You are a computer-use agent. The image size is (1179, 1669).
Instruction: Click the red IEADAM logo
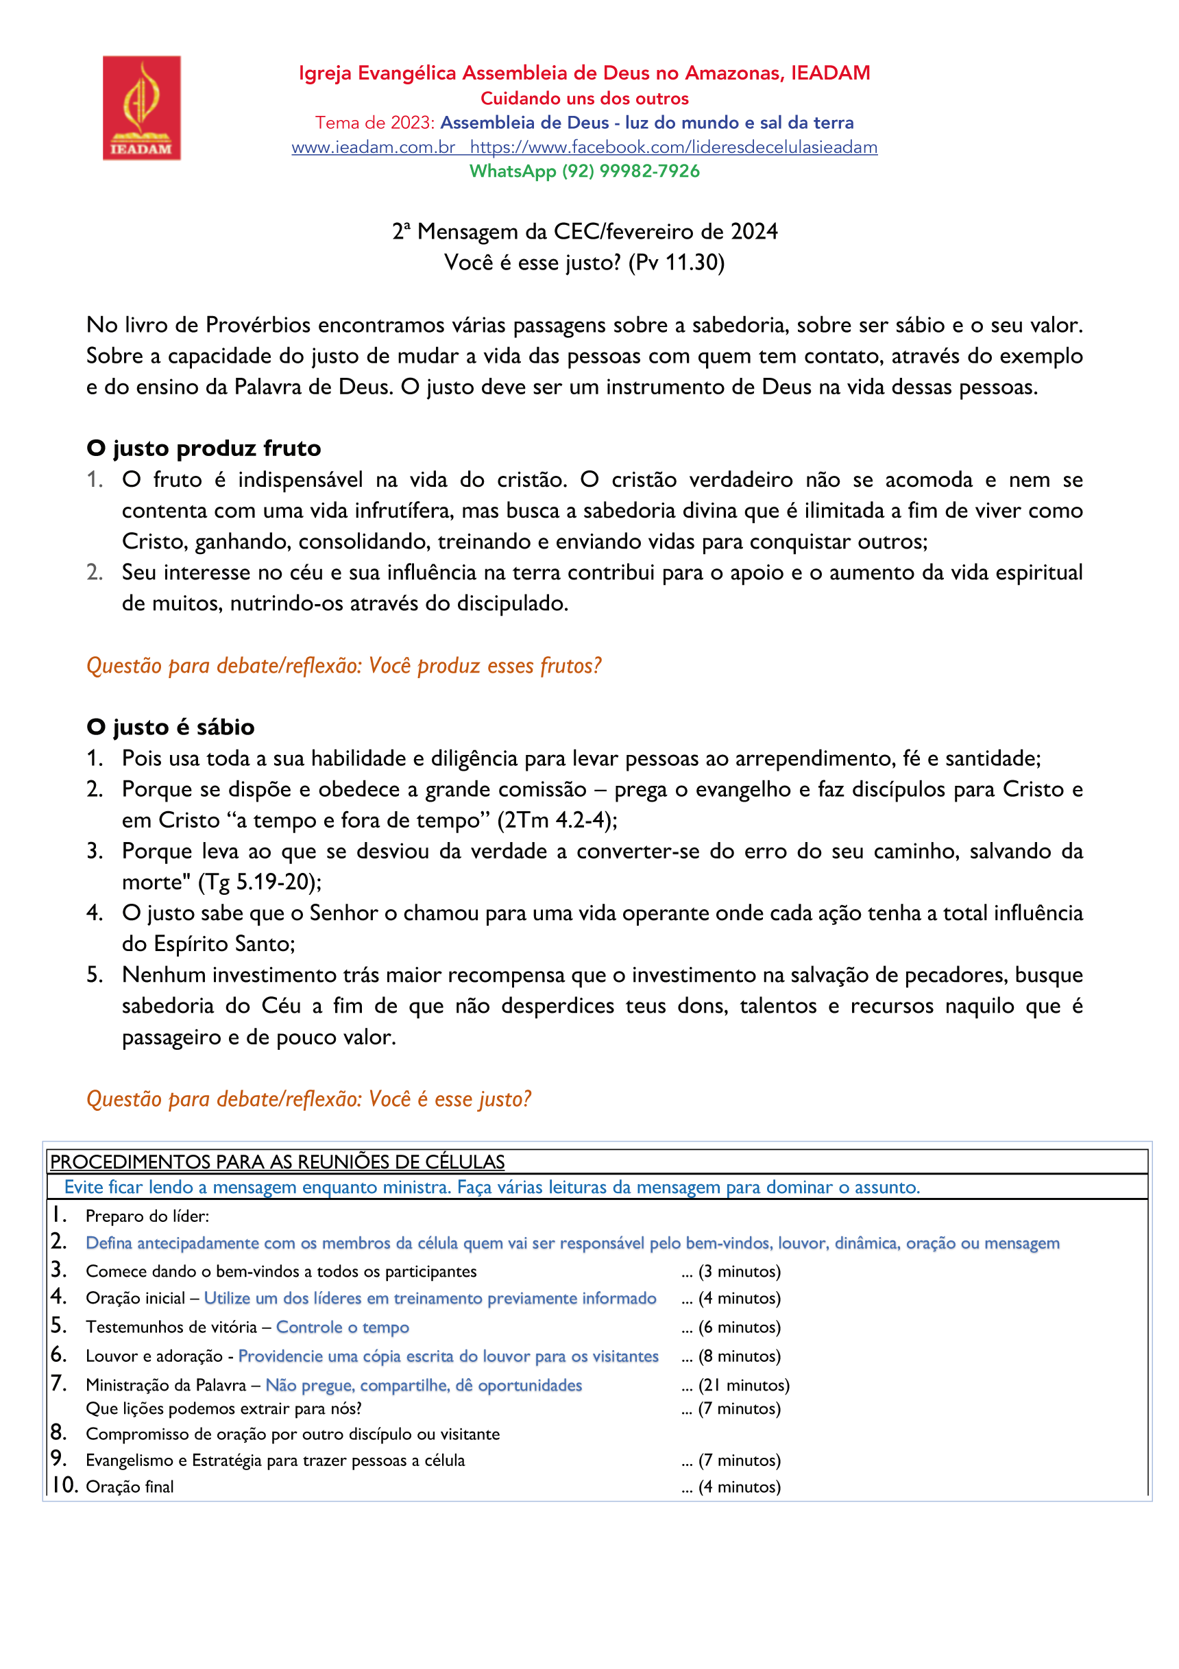(x=141, y=108)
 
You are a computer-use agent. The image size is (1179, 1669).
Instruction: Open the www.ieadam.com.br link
(x=373, y=147)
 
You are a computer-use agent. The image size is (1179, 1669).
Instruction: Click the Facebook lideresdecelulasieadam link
(x=673, y=147)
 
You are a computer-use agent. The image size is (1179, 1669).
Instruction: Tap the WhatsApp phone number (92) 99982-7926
(x=630, y=171)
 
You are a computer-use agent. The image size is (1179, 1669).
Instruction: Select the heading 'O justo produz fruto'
(x=204, y=448)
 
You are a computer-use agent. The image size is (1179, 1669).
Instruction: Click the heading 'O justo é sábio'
(x=170, y=727)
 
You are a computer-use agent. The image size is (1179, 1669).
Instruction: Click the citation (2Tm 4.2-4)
(x=557, y=820)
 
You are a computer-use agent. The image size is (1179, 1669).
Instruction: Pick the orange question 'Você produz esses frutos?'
(x=485, y=666)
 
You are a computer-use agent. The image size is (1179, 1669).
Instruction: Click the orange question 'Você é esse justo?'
(x=450, y=1099)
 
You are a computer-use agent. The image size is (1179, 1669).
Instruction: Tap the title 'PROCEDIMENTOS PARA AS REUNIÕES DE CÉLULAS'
(x=277, y=1162)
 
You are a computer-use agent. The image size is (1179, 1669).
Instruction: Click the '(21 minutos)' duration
(x=744, y=1386)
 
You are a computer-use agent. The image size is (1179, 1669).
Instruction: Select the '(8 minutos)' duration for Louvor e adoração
(x=739, y=1356)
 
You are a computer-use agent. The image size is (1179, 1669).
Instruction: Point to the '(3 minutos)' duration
(x=739, y=1271)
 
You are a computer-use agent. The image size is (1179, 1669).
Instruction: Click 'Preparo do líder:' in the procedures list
(x=147, y=1216)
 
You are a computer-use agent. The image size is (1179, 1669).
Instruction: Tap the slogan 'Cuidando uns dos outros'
(x=585, y=99)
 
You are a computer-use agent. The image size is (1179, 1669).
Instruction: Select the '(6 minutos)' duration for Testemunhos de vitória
(x=739, y=1328)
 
